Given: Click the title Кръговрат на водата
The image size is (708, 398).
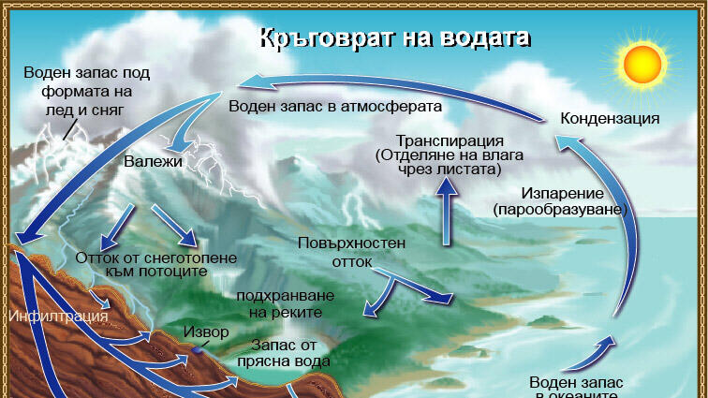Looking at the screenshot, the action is coord(394,38).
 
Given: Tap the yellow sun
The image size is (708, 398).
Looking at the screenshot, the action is coord(642,64).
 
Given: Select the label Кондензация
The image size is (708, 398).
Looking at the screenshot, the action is coord(610,118).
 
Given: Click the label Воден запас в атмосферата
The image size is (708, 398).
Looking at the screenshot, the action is coord(335,106).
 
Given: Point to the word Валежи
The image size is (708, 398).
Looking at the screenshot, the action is coord(153,161).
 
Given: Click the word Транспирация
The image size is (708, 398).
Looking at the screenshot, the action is coord(450,140).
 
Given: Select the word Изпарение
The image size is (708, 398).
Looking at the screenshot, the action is coord(562,193).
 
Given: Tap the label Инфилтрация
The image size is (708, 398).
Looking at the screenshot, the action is coord(58,316).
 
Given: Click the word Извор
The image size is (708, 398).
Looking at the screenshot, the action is coord(206,332).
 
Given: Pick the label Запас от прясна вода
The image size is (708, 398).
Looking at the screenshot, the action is coord(284,353).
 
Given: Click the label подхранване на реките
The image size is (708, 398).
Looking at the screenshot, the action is coord(286,304).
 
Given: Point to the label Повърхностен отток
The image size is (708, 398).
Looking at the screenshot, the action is coord(351,252).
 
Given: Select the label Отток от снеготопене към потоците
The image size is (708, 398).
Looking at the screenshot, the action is coord(155,264).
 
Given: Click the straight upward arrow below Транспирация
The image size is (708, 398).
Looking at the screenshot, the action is coord(447,212).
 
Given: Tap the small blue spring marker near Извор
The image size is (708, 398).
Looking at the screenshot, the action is coord(197,349).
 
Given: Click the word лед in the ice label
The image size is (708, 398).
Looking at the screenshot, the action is coord(57,111).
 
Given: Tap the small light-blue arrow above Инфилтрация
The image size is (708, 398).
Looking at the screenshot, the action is coord(99,299).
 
